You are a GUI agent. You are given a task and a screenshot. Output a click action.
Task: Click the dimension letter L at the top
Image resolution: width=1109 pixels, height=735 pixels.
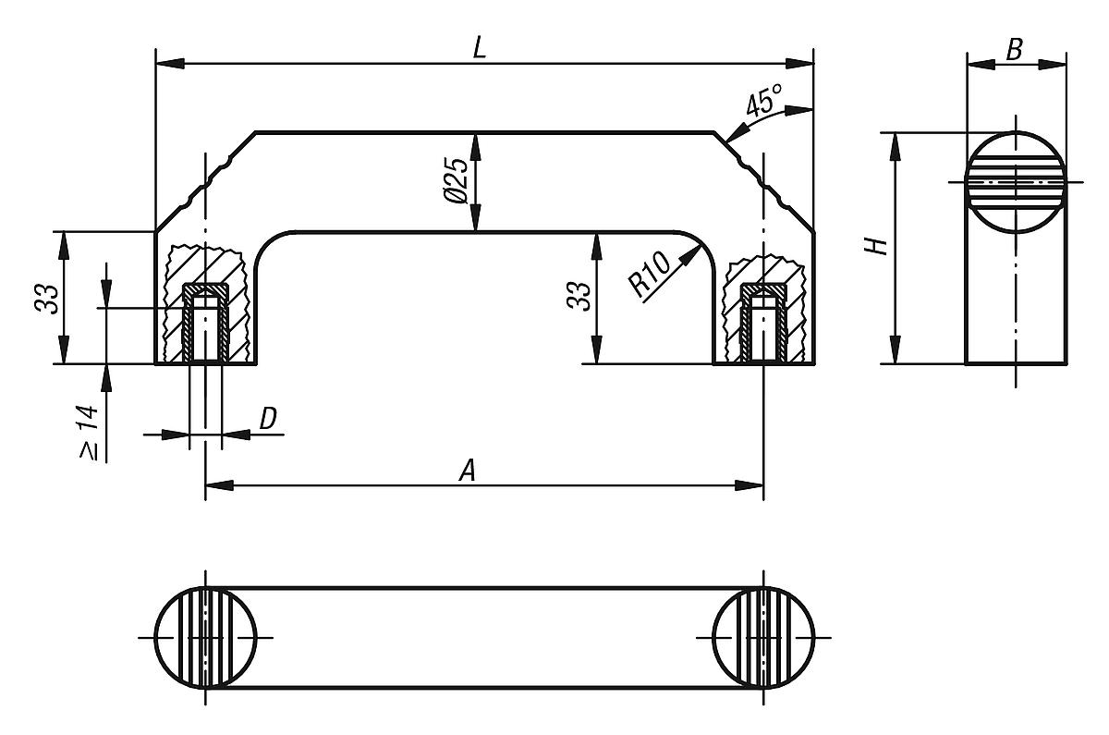tap(478, 49)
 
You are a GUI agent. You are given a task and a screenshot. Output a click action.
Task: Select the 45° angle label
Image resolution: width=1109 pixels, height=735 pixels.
tap(764, 99)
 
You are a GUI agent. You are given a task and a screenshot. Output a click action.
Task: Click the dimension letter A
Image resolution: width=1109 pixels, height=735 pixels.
tap(469, 472)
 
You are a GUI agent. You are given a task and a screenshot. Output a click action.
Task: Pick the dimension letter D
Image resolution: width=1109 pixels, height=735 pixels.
tap(267, 419)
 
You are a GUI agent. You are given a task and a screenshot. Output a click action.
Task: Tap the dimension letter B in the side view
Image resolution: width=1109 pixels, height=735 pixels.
tap(1014, 51)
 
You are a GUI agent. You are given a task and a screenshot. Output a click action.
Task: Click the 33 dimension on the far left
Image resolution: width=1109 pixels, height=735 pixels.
tap(47, 298)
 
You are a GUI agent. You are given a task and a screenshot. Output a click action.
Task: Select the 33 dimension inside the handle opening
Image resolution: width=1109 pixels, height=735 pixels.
tap(579, 298)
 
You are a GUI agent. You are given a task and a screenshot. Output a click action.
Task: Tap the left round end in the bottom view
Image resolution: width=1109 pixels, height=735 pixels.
tap(205, 638)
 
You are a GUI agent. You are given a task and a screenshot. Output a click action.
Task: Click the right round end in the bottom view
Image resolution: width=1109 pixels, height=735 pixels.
tap(764, 638)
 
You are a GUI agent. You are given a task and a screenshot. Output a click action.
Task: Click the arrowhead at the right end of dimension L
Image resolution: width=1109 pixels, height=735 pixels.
tap(800, 64)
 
